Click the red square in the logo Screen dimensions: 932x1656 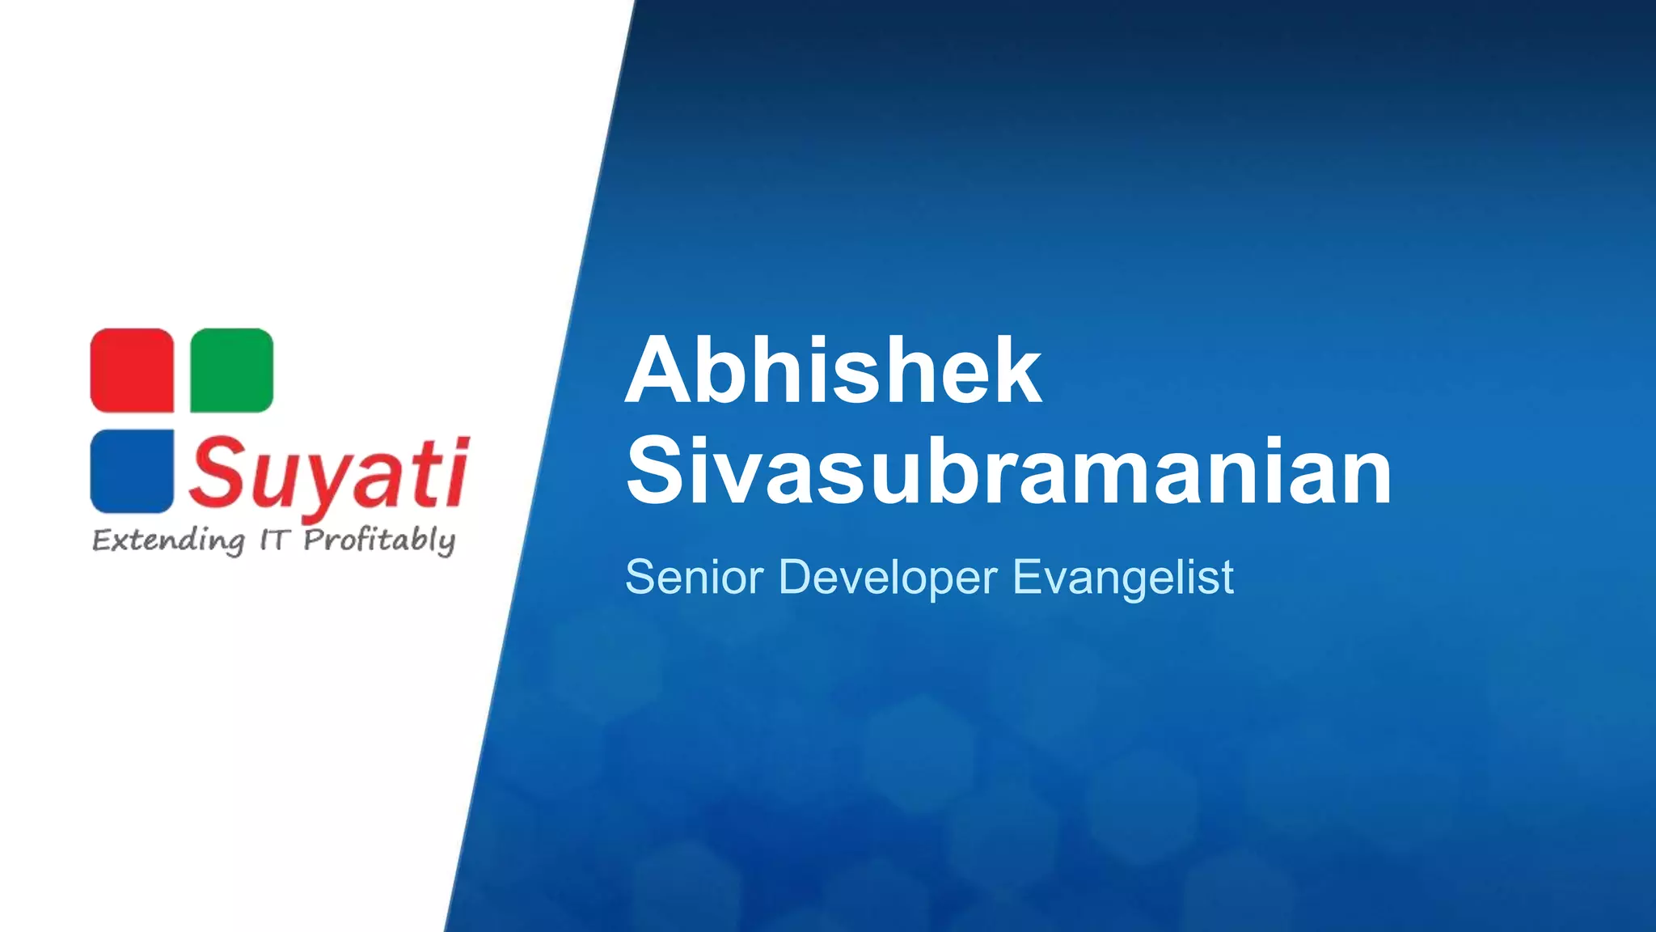tap(132, 371)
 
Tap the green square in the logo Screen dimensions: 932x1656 tap(232, 371)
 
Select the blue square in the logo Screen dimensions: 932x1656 tap(132, 471)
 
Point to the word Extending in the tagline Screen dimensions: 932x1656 tap(168, 540)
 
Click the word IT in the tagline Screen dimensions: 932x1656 tap(274, 540)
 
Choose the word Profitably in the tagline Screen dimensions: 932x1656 tap(379, 540)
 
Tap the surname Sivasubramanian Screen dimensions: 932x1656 tap(1008, 471)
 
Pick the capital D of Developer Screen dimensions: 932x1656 tap(797, 577)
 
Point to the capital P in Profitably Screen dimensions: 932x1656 tap(315, 539)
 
